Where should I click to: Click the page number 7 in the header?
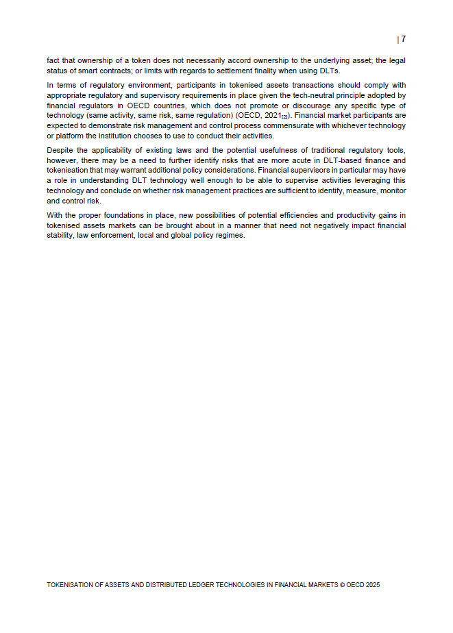click(x=404, y=39)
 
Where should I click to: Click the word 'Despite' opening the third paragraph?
click(x=59, y=149)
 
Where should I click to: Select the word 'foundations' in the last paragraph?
click(x=119, y=216)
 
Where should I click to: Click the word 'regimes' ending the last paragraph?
click(x=230, y=236)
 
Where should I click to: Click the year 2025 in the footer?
click(x=372, y=586)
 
